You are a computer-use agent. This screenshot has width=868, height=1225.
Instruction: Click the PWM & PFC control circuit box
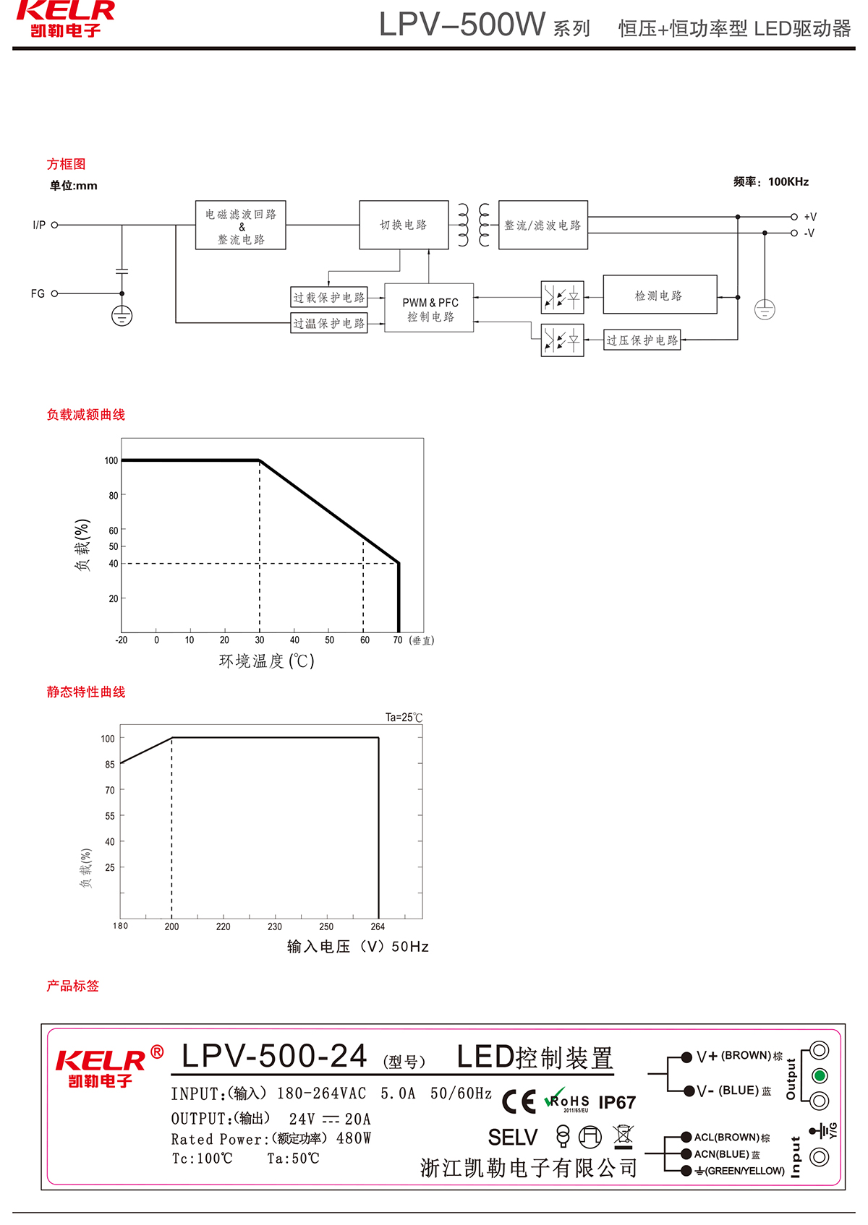(x=430, y=309)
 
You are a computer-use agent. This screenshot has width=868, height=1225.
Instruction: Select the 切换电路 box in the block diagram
(x=404, y=225)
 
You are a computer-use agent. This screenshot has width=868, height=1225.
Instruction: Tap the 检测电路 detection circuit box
(x=659, y=295)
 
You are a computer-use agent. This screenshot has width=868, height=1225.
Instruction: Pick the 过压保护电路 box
(x=642, y=340)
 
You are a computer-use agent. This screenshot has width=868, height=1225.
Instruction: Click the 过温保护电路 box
(x=329, y=323)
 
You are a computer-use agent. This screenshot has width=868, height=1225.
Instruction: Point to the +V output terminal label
(x=810, y=217)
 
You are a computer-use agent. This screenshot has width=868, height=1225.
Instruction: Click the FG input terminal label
(x=38, y=293)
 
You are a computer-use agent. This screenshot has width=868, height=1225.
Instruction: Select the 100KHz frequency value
(x=788, y=181)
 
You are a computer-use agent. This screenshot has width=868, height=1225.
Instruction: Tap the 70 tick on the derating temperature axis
(x=398, y=640)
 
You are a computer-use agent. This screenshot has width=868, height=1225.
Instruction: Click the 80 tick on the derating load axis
(x=114, y=496)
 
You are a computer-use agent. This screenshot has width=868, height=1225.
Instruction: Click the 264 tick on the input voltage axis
(x=378, y=927)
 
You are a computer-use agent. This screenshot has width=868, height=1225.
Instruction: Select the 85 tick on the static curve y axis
(x=110, y=765)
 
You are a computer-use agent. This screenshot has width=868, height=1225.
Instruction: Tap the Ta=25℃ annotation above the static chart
(x=404, y=718)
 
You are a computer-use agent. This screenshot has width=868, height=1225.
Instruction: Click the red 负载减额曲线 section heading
(x=86, y=415)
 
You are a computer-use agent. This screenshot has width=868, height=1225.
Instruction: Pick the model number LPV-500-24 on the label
(x=275, y=1057)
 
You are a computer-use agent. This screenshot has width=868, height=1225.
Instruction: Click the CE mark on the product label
(x=519, y=1101)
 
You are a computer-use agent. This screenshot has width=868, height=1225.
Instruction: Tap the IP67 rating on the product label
(x=617, y=1102)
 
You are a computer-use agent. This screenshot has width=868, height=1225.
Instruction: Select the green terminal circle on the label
(x=820, y=1075)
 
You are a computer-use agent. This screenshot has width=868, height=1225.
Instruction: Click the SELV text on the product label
(x=513, y=1138)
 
